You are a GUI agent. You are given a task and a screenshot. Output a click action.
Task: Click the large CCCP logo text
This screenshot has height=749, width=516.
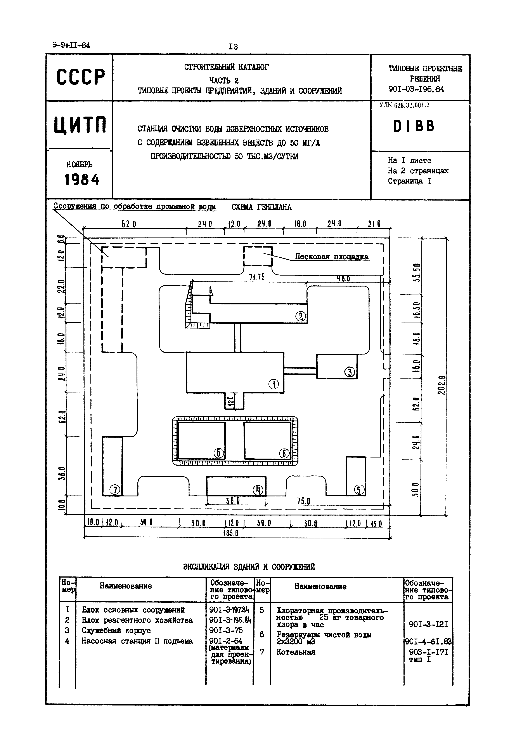[81, 77]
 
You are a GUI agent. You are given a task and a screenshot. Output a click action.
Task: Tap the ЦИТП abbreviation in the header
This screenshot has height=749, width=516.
[80, 126]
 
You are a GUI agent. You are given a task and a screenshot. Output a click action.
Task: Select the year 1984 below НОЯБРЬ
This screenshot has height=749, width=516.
[82, 180]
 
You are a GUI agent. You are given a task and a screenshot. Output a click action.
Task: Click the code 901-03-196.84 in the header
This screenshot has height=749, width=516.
[416, 89]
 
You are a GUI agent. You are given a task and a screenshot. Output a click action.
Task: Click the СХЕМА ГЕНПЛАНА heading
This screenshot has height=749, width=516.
[261, 207]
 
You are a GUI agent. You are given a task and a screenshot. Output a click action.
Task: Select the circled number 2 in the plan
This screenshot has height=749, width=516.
[300, 316]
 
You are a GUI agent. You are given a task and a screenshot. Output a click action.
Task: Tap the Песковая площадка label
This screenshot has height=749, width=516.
[331, 257]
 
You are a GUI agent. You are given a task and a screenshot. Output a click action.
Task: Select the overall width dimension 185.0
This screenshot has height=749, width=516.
[231, 533]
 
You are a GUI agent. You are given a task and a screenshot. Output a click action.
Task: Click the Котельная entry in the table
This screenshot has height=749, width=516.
[296, 652]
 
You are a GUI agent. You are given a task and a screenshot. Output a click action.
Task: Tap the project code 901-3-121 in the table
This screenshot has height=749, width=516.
[428, 624]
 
